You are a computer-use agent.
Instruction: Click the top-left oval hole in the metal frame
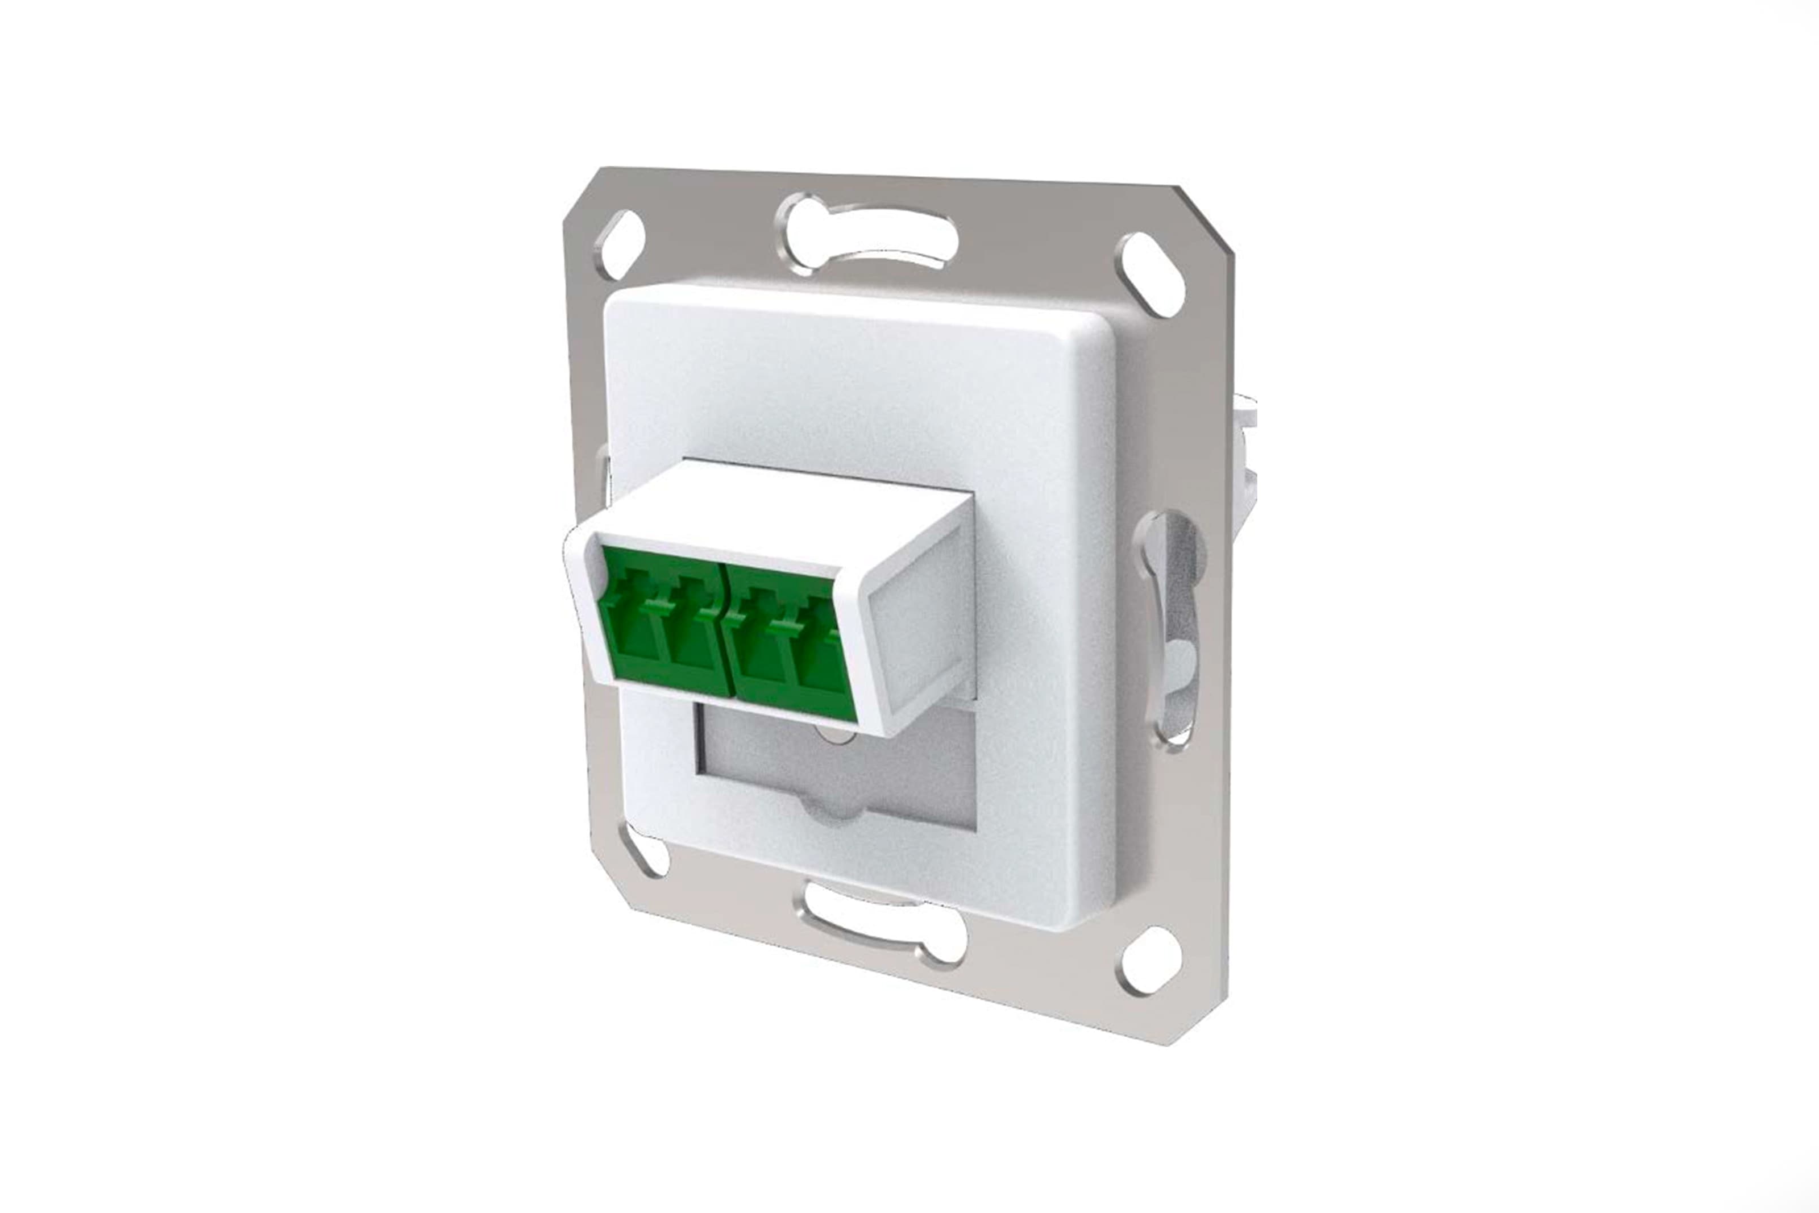pyautogui.click(x=621, y=244)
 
